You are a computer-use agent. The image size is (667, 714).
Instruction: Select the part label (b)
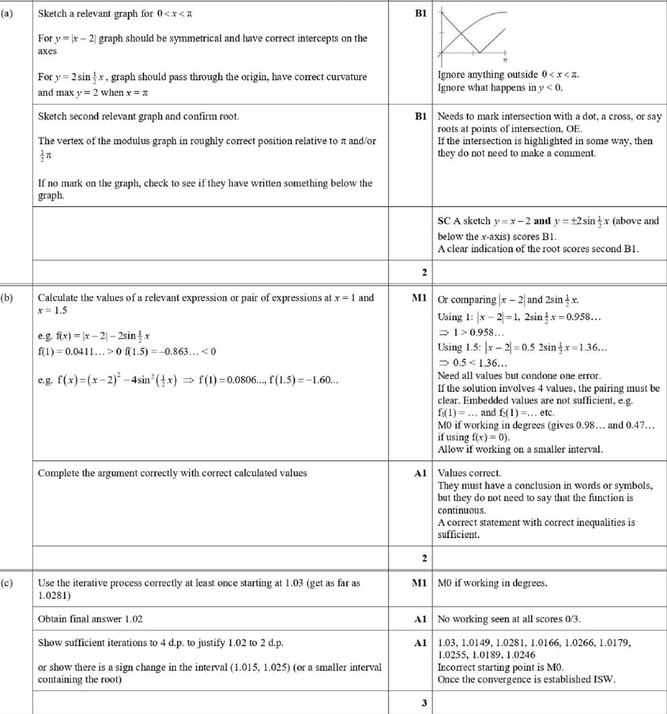coord(7,298)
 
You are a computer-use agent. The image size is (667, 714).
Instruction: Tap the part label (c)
coord(7,583)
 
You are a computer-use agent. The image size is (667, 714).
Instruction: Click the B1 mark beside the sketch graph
coord(421,13)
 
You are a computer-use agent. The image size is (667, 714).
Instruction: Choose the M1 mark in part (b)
coord(420,298)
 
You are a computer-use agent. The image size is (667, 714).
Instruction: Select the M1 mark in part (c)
coord(420,583)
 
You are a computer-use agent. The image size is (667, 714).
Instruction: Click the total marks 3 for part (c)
coord(424,703)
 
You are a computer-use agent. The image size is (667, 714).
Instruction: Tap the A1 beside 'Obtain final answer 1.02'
coord(421,619)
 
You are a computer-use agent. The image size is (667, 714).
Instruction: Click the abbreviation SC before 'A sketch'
coord(444,221)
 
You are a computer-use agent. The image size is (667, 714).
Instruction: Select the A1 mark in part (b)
coord(421,473)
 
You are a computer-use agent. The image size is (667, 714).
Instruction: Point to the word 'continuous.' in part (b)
coord(461,510)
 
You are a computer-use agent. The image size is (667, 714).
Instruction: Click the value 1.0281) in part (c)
coord(54,595)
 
